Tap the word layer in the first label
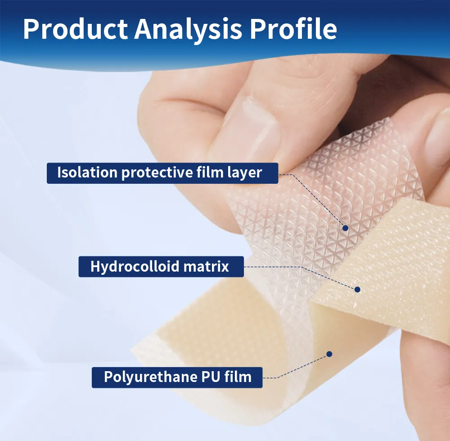(246, 173)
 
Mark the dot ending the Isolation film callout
(345, 228)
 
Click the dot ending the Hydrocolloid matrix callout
(358, 289)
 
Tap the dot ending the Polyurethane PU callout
(329, 354)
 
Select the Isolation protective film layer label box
(162, 173)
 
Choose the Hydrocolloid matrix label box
(161, 266)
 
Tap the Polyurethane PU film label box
(177, 377)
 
